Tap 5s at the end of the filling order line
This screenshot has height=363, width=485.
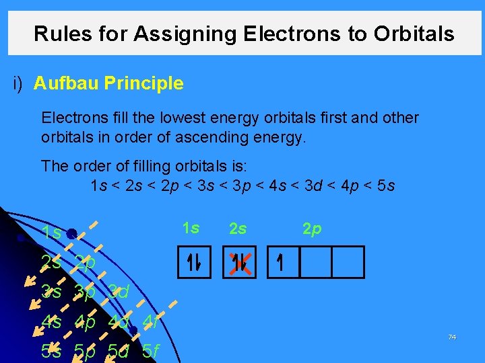tap(385, 185)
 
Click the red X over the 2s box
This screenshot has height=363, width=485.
tap(238, 262)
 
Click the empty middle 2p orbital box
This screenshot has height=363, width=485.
tap(315, 262)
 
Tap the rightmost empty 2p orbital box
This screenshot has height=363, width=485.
tap(348, 262)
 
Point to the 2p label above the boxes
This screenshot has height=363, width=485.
tap(311, 229)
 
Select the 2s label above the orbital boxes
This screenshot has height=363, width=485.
tap(238, 229)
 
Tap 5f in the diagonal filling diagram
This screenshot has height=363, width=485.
tap(151, 351)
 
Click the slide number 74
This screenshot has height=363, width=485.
tap(452, 337)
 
